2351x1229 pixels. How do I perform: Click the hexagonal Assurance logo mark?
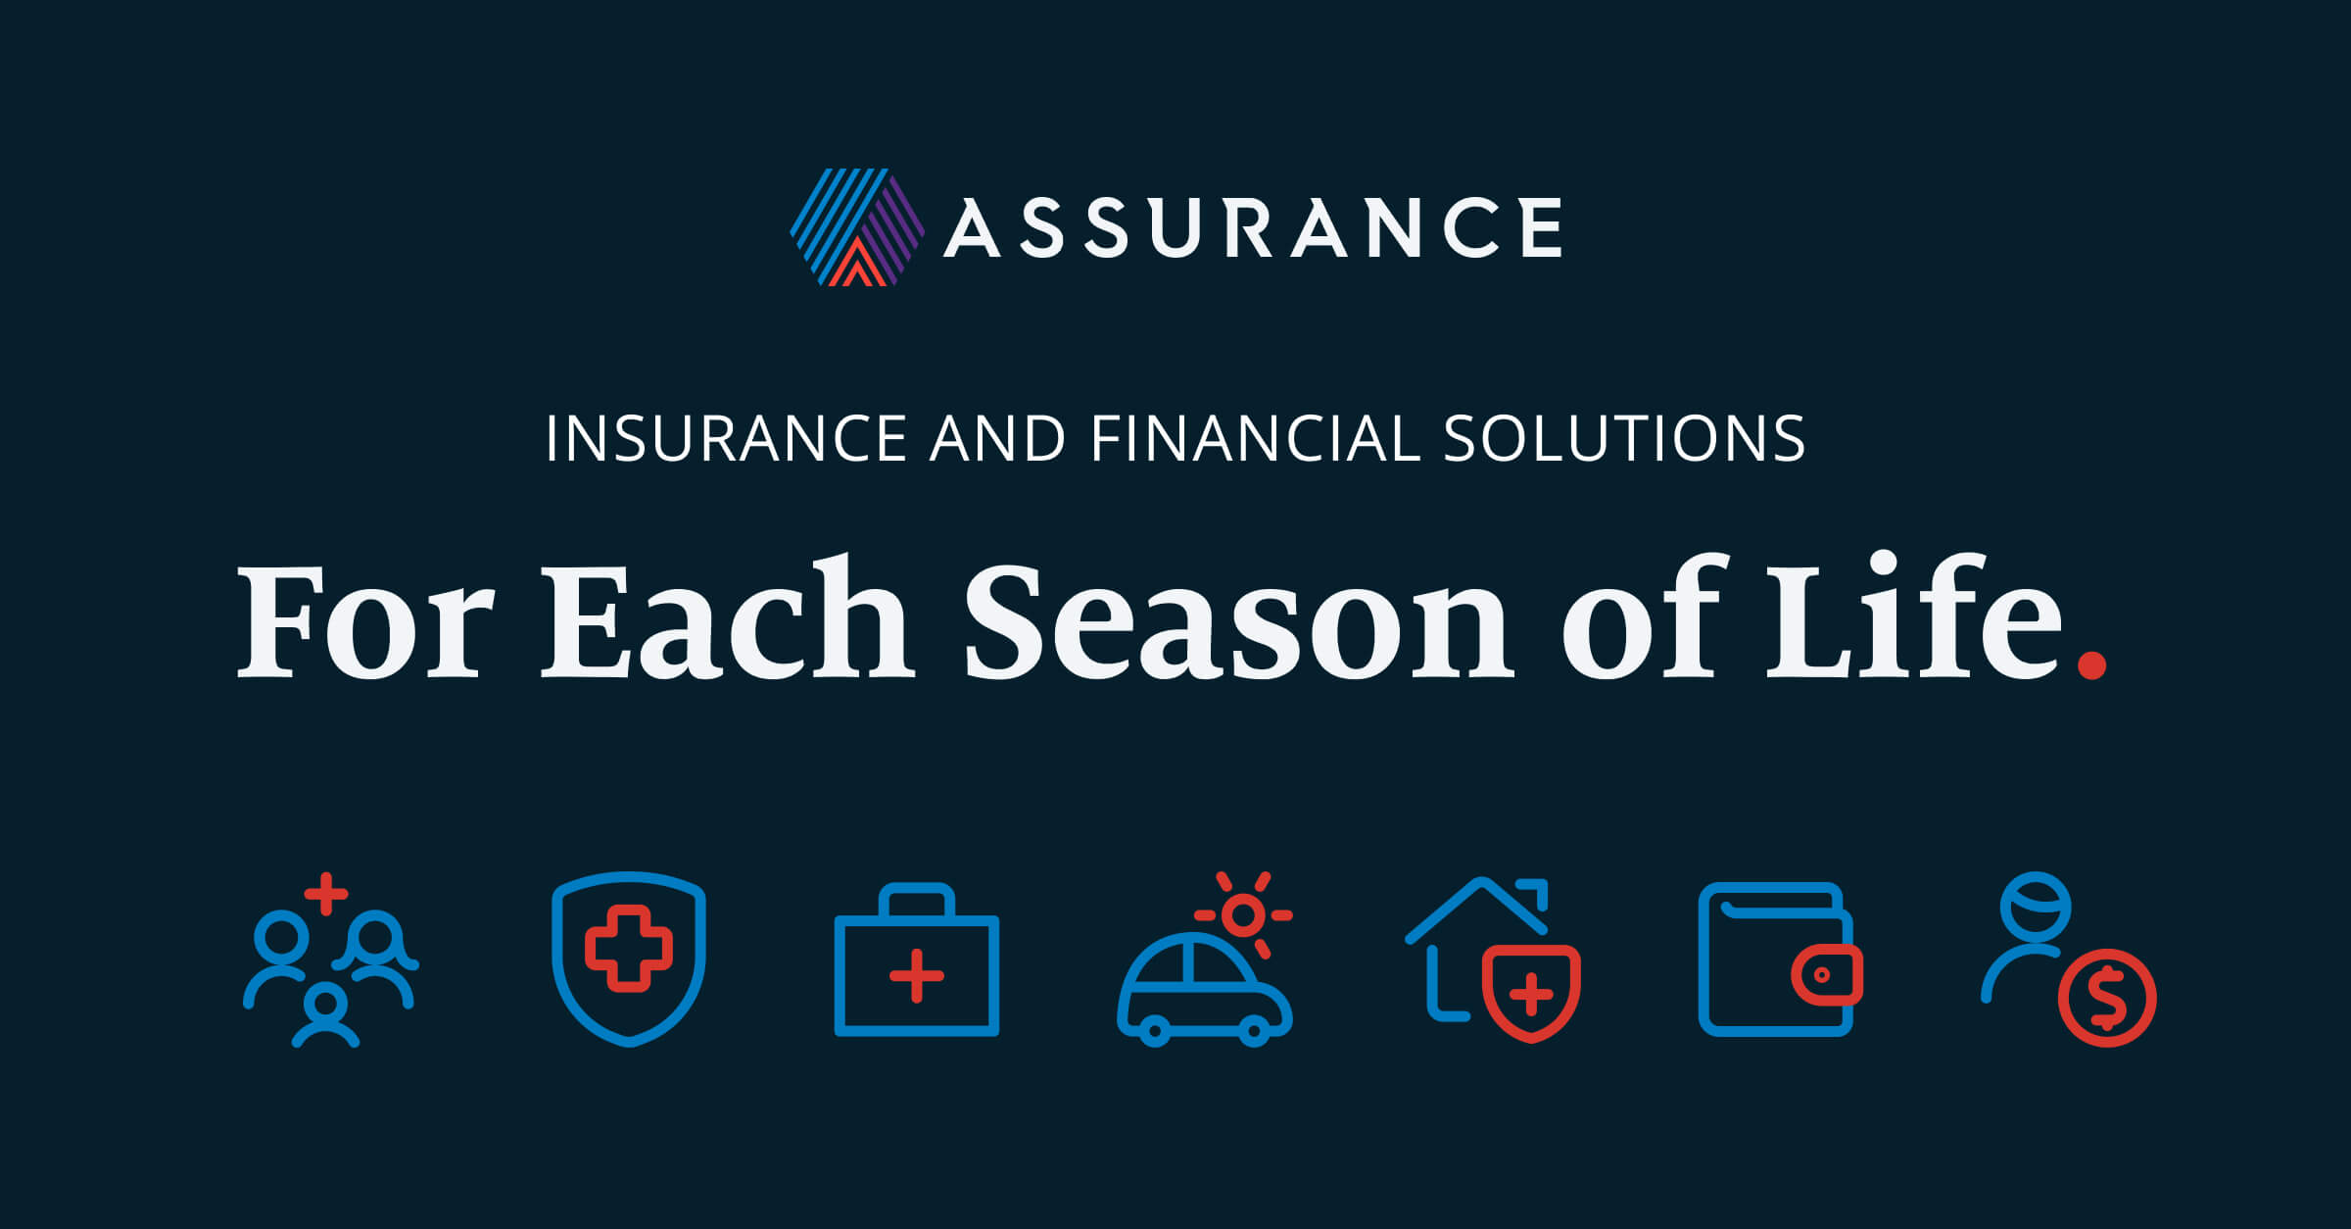click(857, 227)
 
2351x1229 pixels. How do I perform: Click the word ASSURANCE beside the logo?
click(1253, 227)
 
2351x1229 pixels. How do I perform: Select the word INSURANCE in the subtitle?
click(726, 438)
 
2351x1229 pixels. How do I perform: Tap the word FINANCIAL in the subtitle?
click(1255, 438)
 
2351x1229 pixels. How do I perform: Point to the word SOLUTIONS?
click(1623, 438)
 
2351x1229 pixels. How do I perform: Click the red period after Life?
click(2090, 665)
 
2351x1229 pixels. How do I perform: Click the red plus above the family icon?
click(326, 893)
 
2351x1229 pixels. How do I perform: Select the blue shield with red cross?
click(629, 958)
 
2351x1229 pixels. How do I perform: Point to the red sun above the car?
click(1244, 914)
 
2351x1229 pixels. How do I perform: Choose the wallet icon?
click(1778, 959)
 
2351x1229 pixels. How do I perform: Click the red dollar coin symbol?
click(2107, 999)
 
